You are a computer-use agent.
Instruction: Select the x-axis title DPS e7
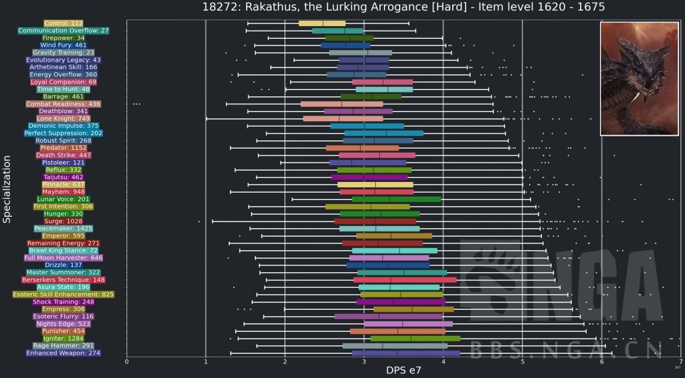click(x=403, y=370)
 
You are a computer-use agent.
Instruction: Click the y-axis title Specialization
click(x=7, y=189)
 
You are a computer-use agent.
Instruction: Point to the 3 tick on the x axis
click(x=364, y=362)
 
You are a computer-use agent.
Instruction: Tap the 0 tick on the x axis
click(x=126, y=362)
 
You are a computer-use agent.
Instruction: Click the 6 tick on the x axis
click(x=601, y=362)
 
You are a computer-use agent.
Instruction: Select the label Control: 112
click(x=63, y=23)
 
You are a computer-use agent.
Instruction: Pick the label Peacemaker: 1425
click(x=63, y=228)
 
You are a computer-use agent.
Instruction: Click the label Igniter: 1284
click(x=63, y=338)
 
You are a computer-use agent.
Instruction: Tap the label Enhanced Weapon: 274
click(x=63, y=353)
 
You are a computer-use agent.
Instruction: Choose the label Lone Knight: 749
click(x=63, y=118)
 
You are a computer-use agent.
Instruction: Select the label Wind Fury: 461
click(x=63, y=45)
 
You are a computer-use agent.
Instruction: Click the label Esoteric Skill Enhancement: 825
click(x=63, y=294)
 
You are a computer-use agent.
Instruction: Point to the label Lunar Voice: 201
click(x=63, y=199)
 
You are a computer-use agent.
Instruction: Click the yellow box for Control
click(x=322, y=23)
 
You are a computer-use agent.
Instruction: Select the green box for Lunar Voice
click(x=396, y=199)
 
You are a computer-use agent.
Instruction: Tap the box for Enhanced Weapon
click(x=405, y=353)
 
